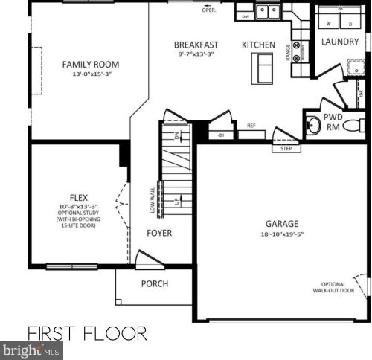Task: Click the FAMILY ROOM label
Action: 91,65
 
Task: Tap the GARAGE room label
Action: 282,223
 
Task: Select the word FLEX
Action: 74,198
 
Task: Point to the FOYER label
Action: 159,234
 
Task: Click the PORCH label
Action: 155,283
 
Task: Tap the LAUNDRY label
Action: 340,41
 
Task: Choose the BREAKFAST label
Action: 196,45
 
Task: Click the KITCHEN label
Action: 258,45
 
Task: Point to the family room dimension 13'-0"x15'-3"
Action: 91,75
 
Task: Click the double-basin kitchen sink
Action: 268,12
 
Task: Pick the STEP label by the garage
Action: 286,148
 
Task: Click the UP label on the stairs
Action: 176,202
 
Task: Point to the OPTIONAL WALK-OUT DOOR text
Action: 333,288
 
